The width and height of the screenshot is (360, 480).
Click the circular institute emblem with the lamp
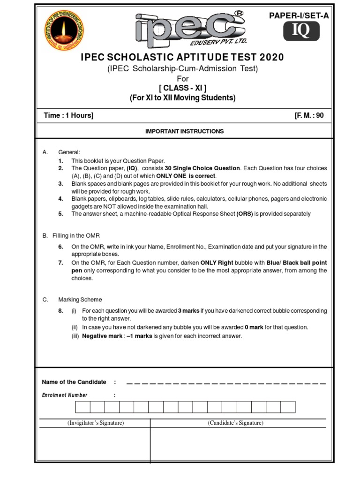(x=66, y=32)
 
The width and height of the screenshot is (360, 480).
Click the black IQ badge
(x=301, y=31)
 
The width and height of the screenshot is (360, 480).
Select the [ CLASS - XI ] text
(x=182, y=88)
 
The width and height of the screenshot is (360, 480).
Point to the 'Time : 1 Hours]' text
(x=68, y=116)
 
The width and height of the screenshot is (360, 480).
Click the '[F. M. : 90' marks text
(x=307, y=116)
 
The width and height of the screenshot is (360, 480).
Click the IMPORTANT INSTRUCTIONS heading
(x=184, y=131)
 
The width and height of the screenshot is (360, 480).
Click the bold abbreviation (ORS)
(x=244, y=214)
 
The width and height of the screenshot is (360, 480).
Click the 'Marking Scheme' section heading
(x=80, y=300)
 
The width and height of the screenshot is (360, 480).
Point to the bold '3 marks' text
(x=188, y=311)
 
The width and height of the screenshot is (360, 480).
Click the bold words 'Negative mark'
(x=102, y=336)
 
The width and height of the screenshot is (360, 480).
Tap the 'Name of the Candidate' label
(x=74, y=382)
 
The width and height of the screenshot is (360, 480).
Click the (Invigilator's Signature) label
(x=95, y=423)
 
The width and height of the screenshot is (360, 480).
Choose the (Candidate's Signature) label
(x=236, y=423)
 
